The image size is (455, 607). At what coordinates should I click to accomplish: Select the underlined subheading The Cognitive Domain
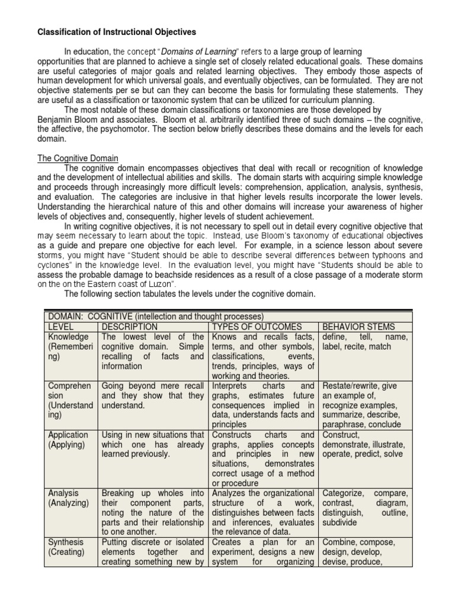78,158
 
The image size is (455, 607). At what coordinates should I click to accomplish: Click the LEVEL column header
61,327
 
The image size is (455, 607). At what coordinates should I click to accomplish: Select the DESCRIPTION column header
130,327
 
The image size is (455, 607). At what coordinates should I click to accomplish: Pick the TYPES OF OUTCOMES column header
257,327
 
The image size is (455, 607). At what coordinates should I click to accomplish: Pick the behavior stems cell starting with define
364,341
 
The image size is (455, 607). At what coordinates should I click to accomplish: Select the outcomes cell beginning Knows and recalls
262,356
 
